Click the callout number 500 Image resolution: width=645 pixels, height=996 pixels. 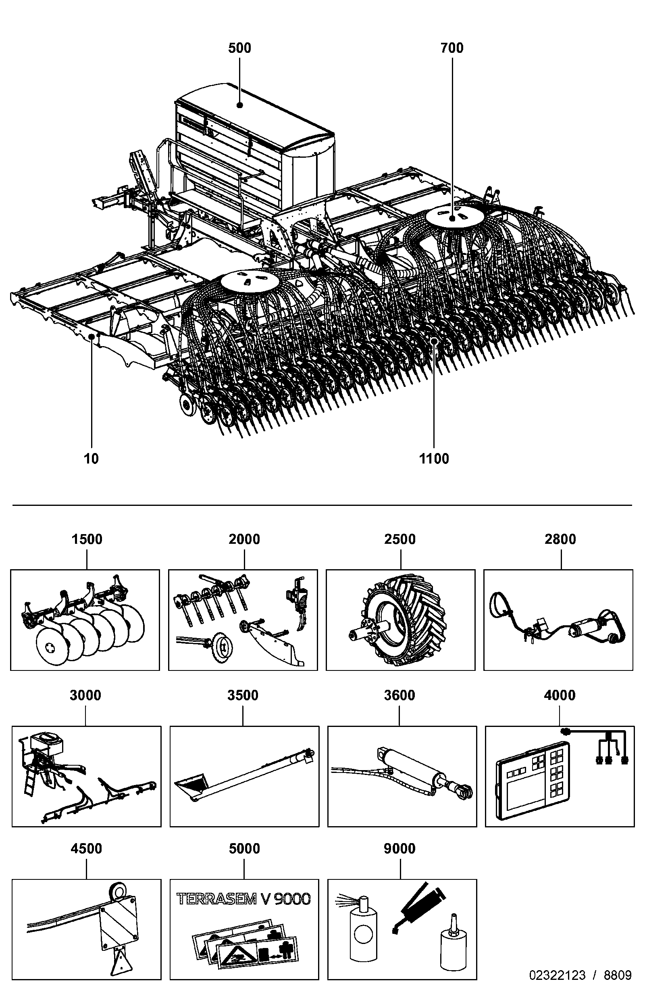[239, 48]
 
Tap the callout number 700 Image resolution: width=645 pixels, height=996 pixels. [452, 48]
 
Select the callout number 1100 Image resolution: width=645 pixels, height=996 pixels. [434, 459]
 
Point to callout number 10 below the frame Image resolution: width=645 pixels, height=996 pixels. [91, 459]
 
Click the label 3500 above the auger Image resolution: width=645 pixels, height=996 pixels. [243, 695]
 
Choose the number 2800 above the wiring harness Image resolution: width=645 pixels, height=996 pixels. [560, 539]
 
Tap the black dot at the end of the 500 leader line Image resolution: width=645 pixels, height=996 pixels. [240, 105]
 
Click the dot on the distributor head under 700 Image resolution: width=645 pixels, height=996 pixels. [452, 219]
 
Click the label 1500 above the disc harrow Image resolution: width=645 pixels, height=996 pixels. [87, 539]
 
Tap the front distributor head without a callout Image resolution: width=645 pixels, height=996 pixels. [250, 281]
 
